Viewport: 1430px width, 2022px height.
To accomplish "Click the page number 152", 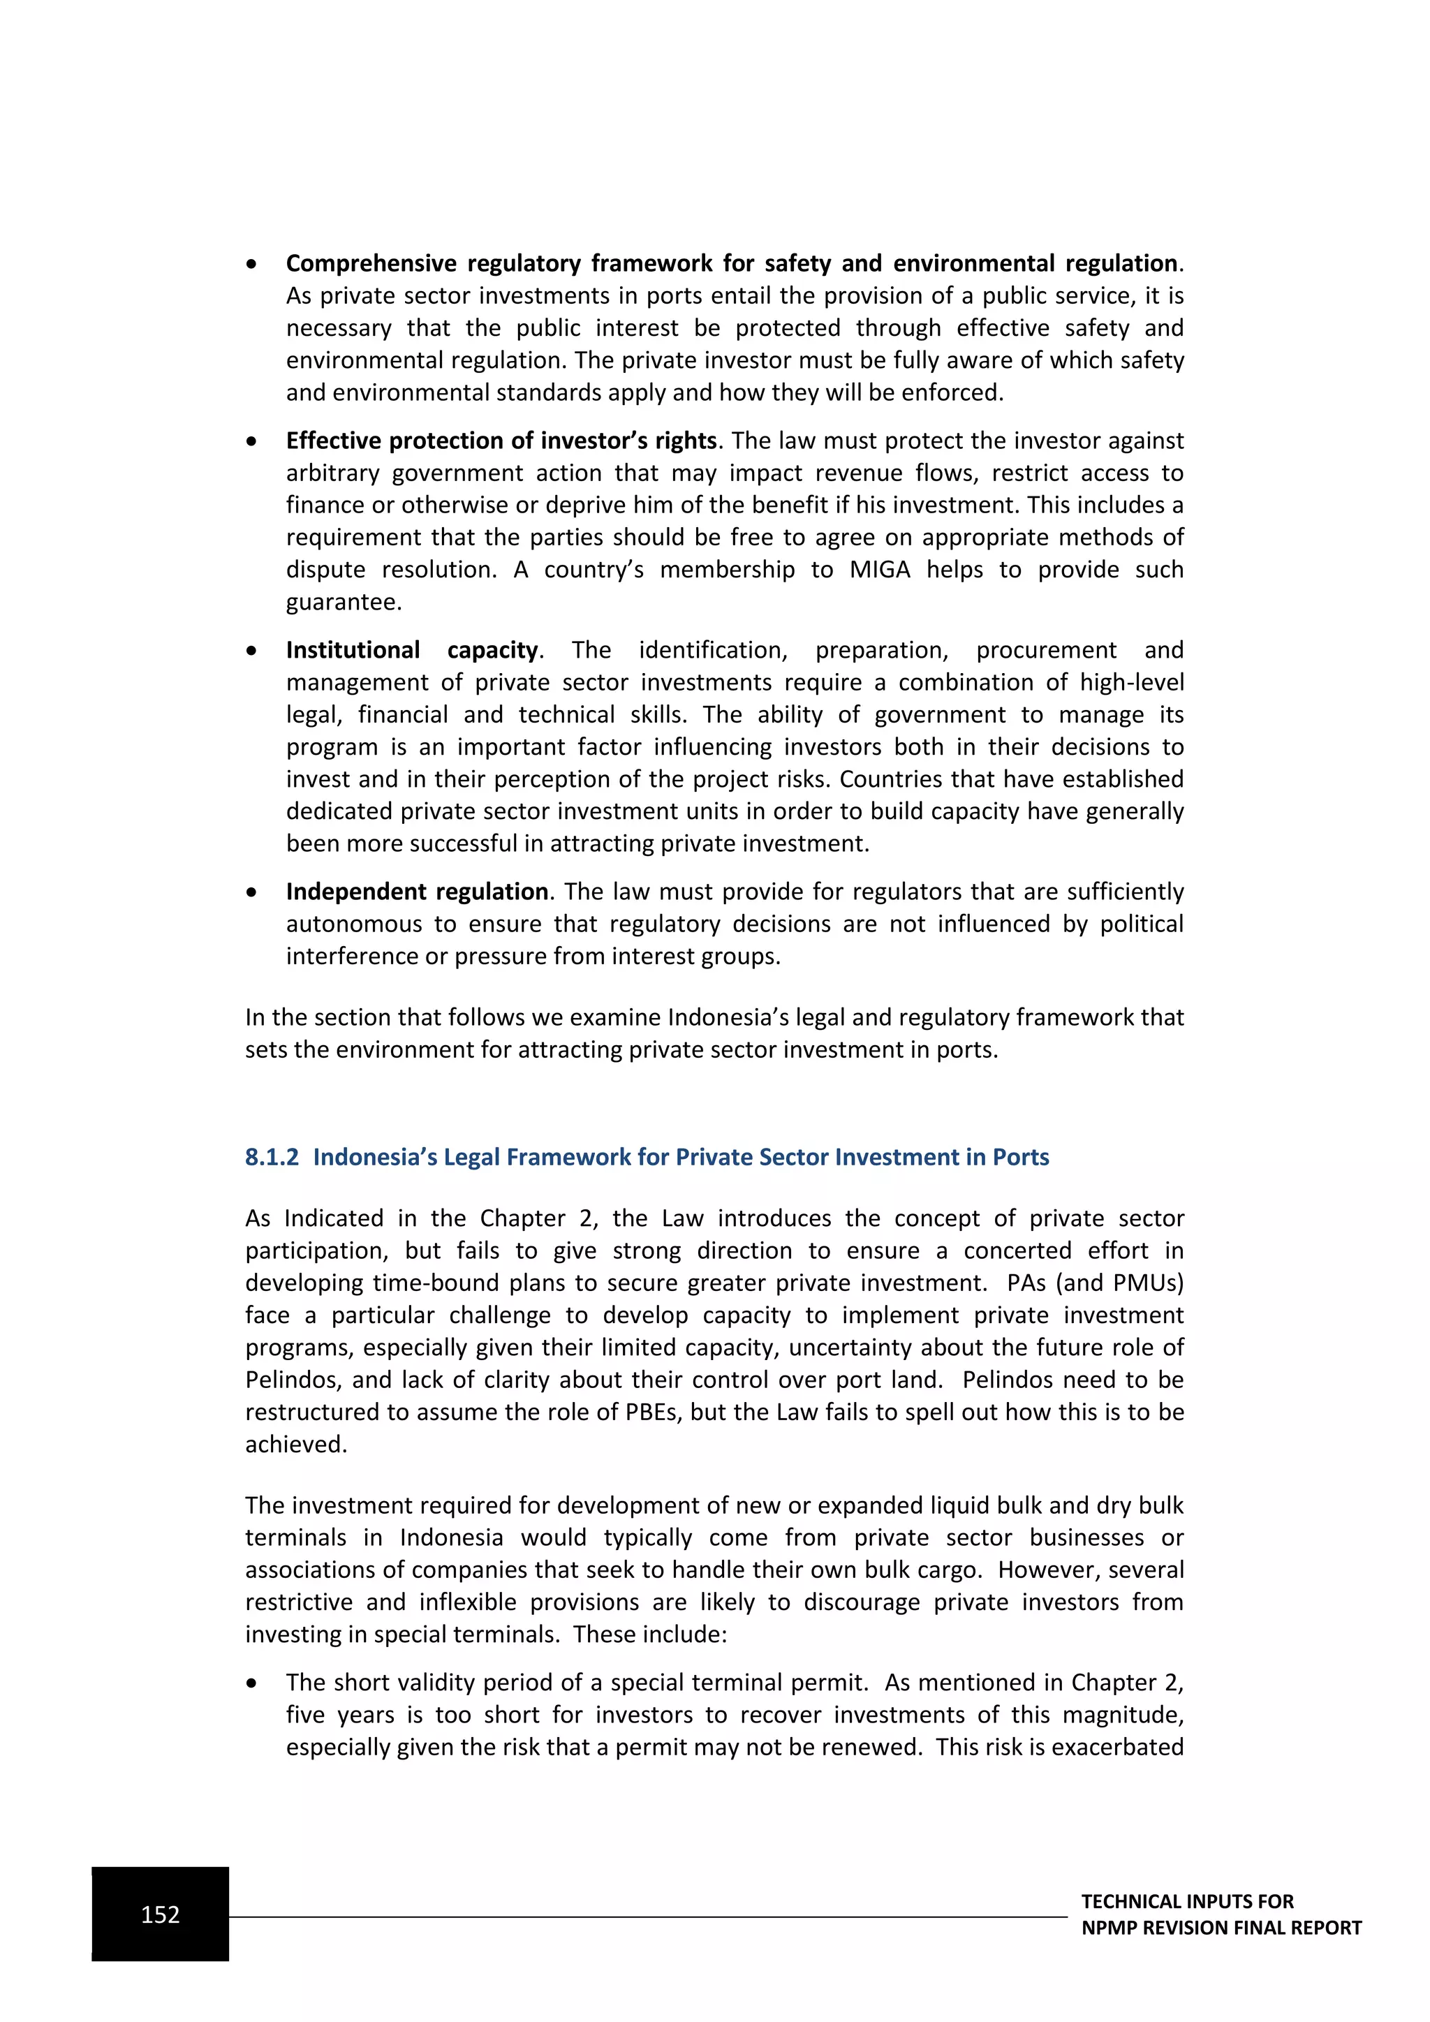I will point(161,1914).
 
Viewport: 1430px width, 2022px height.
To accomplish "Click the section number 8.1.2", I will point(272,1157).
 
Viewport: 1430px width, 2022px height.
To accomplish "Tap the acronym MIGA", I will point(880,570).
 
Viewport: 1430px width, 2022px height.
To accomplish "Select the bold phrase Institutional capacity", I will point(411,650).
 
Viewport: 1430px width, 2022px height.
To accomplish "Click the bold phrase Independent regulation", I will point(416,891).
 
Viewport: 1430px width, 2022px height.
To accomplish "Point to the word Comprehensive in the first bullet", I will point(370,263).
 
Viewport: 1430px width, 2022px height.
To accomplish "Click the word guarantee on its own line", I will point(344,603).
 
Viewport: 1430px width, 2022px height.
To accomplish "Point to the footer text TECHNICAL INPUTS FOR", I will point(1187,1901).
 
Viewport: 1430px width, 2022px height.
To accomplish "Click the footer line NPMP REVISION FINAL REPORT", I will point(1221,1928).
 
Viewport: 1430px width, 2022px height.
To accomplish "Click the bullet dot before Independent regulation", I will point(252,893).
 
